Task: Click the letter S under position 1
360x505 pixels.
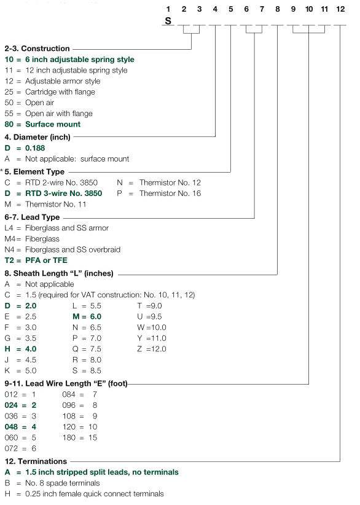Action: pos(168,21)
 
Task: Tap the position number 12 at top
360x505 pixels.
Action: pos(340,9)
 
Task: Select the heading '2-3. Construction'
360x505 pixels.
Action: pos(37,49)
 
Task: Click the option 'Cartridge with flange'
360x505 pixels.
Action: pos(60,92)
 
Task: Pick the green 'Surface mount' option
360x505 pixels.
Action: pos(53,124)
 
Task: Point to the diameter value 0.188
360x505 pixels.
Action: pos(35,148)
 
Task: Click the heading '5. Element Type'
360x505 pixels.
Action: pos(34,171)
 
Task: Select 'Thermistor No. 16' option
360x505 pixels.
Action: pos(170,194)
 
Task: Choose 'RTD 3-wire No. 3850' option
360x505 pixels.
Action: pos(64,194)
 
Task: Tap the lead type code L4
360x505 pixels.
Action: pos(9,228)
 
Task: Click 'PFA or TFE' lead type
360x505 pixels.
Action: pos(46,260)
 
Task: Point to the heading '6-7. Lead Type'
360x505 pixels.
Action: pos(32,217)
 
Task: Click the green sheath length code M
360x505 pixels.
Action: pos(76,316)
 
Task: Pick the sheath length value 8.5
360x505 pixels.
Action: pos(96,370)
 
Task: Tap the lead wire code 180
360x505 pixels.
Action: pos(69,437)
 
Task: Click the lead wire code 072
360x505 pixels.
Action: pos(11,448)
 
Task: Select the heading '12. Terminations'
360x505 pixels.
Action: pos(36,461)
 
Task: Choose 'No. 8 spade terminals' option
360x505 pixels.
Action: pos(63,483)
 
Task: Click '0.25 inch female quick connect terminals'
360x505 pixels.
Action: pos(95,494)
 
